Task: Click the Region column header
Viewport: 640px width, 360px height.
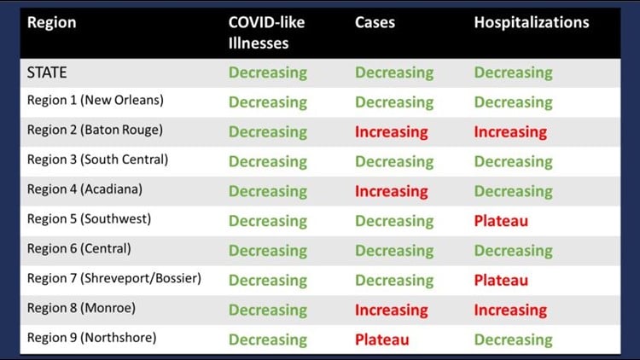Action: [51, 23]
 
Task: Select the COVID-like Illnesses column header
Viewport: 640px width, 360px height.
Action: [266, 32]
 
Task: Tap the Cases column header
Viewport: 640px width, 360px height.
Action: [375, 22]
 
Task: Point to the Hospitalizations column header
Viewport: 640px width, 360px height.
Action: [532, 22]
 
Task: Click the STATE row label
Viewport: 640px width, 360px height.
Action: [47, 73]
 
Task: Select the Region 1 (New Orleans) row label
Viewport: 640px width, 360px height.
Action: [95, 100]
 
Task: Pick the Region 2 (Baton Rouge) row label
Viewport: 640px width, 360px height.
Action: [95, 130]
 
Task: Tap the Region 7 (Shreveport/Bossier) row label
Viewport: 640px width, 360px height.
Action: [113, 278]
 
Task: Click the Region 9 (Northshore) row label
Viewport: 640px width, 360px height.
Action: [92, 338]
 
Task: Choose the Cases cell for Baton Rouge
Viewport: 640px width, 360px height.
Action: [391, 132]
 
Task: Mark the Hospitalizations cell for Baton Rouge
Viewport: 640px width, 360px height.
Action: [510, 132]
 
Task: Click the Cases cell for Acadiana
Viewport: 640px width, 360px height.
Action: [391, 191]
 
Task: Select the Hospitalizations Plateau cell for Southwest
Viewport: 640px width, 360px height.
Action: [501, 221]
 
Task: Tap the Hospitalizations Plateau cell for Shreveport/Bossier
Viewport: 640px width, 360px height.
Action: [501, 281]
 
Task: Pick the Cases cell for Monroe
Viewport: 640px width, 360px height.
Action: [391, 311]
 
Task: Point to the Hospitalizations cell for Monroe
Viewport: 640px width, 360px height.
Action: [510, 311]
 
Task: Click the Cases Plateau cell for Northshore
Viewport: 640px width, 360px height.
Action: [381, 340]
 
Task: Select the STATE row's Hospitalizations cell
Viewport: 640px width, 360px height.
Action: [513, 73]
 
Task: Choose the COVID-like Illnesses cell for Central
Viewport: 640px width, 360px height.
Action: [267, 251]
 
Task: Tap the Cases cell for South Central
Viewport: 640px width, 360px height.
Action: [394, 162]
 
